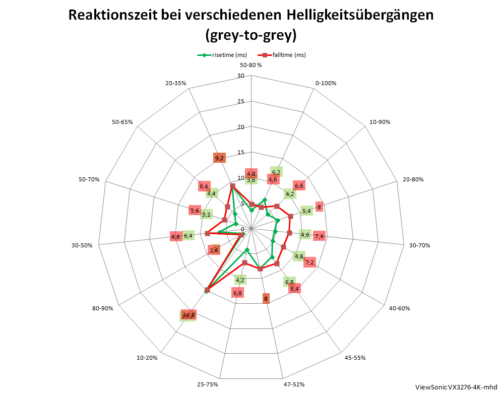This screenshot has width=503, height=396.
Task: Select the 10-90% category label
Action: pos(380,122)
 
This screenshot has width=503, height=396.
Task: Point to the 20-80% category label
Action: pos(413,179)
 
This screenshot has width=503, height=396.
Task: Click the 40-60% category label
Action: pos(399,308)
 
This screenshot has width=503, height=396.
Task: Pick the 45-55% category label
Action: pos(355,358)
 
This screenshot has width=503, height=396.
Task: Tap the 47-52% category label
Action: pos(293,384)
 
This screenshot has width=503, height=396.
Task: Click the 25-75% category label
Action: pos(208,384)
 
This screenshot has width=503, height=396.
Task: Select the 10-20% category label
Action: pos(147,358)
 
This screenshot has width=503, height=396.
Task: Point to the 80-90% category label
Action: pos(102,308)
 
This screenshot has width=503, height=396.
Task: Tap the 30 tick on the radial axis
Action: pos(240,76)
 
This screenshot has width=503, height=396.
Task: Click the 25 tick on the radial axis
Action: pos(240,102)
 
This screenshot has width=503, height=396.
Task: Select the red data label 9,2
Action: pos(219,158)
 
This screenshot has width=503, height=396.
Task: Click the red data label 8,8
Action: pos(176,236)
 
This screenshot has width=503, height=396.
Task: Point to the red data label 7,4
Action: pos(319,236)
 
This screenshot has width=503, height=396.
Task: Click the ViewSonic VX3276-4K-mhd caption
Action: pos(456,387)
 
